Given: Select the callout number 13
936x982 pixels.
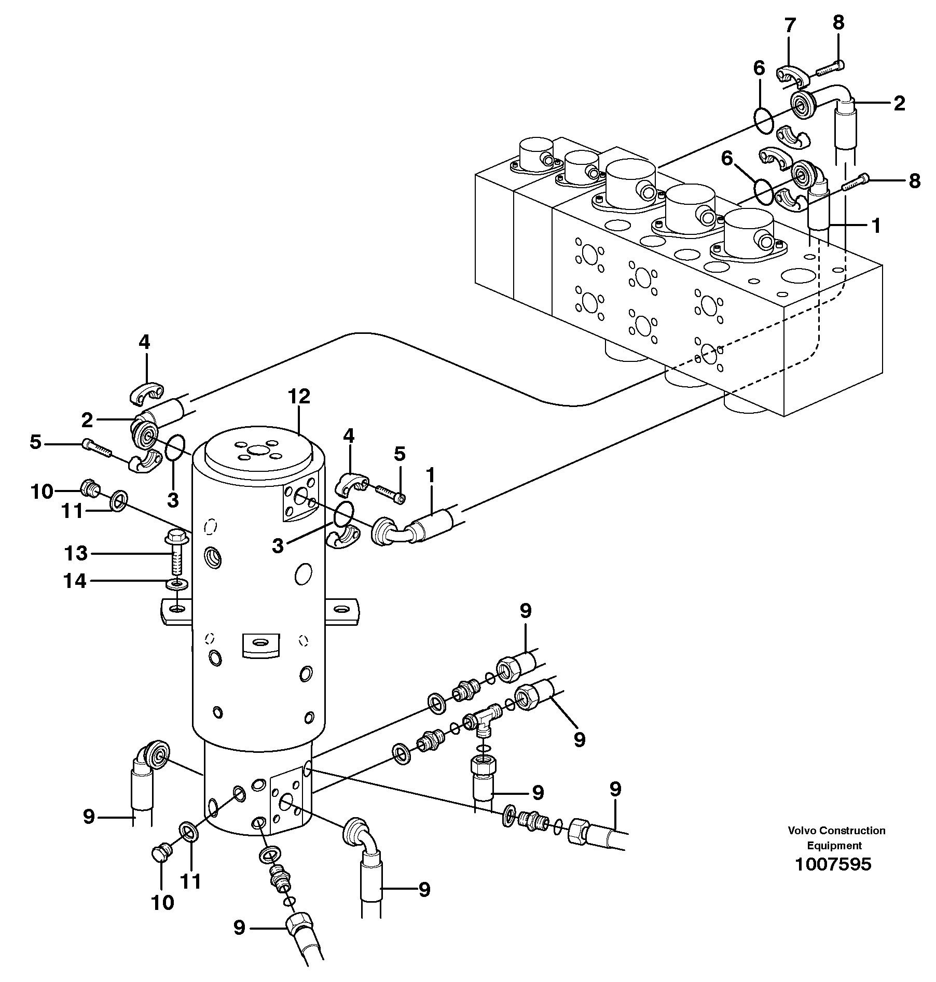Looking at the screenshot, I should [76, 553].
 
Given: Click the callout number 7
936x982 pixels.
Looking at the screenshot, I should [789, 25].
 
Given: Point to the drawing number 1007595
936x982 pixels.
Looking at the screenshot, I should [833, 864].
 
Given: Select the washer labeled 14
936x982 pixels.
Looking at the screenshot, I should [177, 585].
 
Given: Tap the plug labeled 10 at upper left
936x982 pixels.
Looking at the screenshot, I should [89, 488].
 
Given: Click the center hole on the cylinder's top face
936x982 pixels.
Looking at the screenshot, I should [257, 452].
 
